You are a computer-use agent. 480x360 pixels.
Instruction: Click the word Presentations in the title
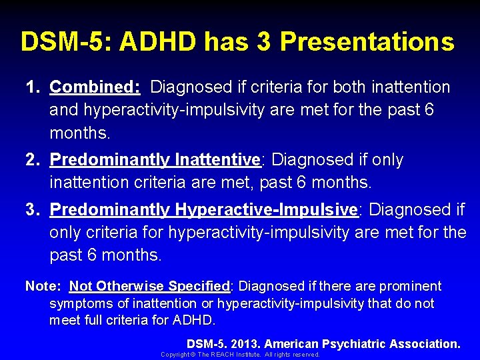(367, 41)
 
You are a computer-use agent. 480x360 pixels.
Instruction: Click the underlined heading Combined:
(95, 87)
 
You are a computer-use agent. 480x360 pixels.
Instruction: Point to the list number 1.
(32, 87)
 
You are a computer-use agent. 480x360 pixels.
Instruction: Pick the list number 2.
(32, 160)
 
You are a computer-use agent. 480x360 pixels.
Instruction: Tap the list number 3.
(32, 209)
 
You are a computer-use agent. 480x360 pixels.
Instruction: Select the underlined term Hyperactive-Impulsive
(267, 209)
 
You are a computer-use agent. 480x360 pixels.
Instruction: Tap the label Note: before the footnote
(43, 286)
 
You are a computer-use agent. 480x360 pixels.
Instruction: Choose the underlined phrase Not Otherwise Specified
(149, 286)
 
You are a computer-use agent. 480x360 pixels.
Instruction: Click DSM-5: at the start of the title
(62, 41)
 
